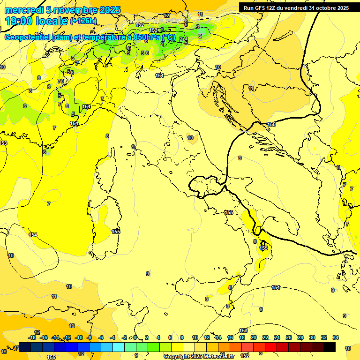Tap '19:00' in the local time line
[19, 21]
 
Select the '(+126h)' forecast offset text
[83, 21]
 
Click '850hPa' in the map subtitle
[147, 37]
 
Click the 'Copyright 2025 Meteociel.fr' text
[199, 356]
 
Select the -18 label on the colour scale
[32, 337]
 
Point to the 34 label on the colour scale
[336, 337]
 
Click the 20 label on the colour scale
[254, 337]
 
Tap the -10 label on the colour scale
[79, 337]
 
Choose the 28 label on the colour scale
[300, 337]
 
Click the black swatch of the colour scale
[330, 347]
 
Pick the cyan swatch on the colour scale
[119, 347]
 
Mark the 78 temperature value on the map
[60, 81]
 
